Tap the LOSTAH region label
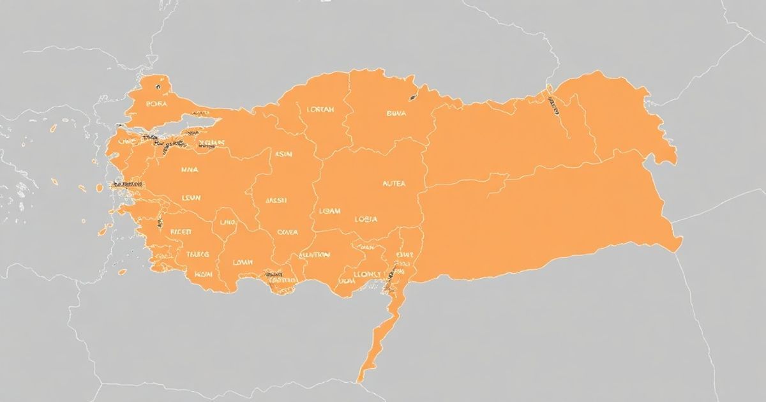320,109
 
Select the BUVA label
396,114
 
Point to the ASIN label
283,154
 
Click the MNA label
190,170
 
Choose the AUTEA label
393,183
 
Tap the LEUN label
191,198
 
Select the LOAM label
329,211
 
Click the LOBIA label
366,220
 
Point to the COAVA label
287,233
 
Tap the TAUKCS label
197,254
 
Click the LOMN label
243,262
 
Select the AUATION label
314,255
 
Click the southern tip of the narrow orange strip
362,380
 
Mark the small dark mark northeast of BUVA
413,98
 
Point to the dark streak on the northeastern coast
553,106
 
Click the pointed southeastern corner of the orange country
680,241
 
